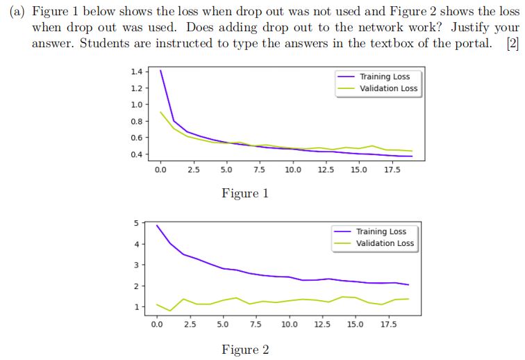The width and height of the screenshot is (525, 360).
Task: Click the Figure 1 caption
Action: click(244, 193)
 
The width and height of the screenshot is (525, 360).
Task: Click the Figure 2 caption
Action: click(244, 350)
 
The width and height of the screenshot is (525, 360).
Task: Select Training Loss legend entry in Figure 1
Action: click(384, 76)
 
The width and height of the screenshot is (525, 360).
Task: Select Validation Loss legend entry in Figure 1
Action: click(388, 88)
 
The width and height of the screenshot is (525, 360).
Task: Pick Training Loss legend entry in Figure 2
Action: click(381, 231)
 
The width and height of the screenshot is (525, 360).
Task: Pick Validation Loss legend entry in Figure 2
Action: click(385, 243)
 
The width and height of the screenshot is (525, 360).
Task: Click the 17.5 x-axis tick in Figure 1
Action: click(393, 170)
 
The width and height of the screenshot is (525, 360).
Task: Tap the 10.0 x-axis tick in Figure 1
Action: click(292, 170)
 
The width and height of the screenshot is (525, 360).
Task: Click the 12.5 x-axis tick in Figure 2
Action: click(322, 324)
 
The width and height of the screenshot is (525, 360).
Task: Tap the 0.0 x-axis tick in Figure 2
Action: click(156, 324)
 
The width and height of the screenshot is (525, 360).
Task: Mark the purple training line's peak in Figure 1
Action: click(160, 70)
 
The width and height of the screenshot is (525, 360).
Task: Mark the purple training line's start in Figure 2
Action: click(157, 225)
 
